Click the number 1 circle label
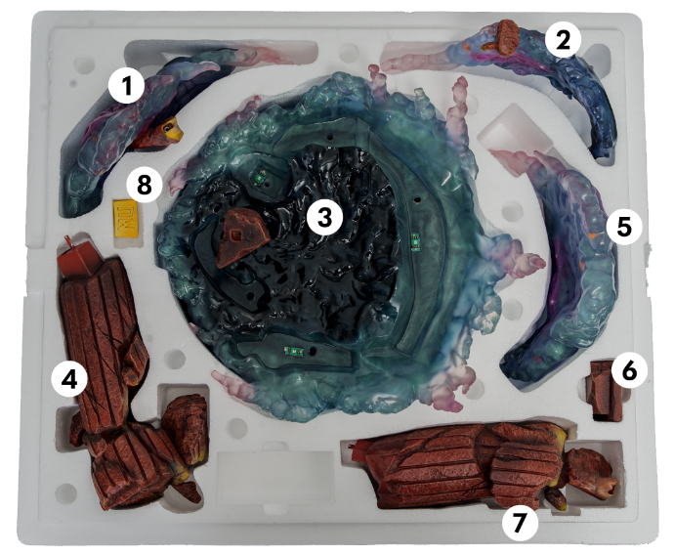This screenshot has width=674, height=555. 126,86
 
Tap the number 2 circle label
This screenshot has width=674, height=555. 563,39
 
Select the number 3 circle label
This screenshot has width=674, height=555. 325,217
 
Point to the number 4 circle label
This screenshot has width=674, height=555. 69,379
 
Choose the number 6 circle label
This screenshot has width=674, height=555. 629,370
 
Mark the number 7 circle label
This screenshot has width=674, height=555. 520,523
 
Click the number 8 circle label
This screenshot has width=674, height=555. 145,186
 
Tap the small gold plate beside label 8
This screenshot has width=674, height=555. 125,219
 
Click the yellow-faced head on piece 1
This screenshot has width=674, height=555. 171,130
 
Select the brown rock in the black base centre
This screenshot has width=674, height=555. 243,236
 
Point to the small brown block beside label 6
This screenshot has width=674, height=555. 606,391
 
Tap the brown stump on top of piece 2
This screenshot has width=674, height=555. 504,38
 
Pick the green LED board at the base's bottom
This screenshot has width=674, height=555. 294,352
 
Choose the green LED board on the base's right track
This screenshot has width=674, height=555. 415,241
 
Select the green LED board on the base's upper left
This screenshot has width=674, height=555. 259,176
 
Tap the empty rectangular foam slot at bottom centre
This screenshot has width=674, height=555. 277,478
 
